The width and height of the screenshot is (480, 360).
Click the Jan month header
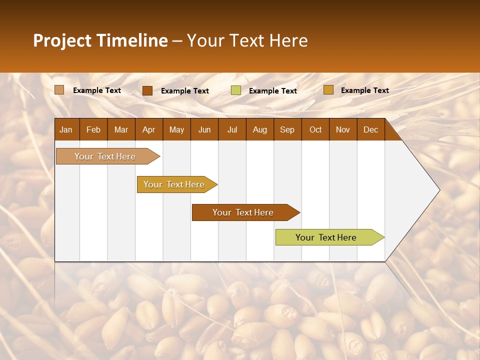point(66,129)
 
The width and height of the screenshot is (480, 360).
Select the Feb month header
point(93,129)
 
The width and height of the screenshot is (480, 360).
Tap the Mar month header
point(121,129)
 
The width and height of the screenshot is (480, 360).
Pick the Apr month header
point(148,129)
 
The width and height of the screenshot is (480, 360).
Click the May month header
point(176,129)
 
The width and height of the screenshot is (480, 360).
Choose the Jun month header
point(204,129)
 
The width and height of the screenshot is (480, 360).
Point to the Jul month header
point(232,129)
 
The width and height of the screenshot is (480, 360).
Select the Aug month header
point(259,129)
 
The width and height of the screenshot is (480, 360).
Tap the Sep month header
point(287,129)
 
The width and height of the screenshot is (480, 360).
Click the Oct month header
point(315,129)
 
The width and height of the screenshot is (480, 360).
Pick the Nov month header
point(343,129)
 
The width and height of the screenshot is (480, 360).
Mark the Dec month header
point(370,129)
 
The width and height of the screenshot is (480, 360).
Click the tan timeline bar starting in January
point(105,156)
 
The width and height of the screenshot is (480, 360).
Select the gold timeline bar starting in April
point(174,184)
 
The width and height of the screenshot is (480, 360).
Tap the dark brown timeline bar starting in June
point(243,212)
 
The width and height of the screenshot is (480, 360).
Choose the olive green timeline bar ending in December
point(326,237)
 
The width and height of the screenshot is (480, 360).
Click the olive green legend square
point(236,90)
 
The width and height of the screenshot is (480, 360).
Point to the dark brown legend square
point(147,90)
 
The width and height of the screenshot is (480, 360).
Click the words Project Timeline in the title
point(100,40)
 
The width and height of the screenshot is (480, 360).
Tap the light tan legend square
point(59,90)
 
